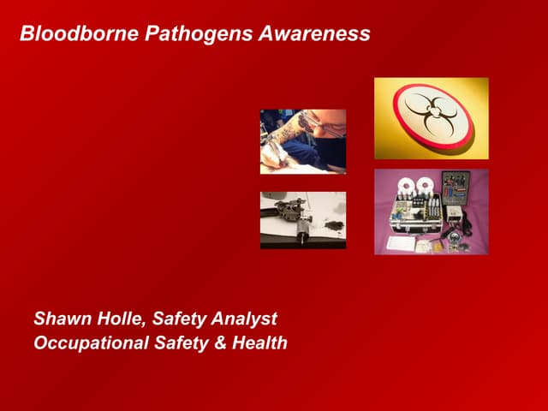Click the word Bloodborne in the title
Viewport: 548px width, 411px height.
tap(80, 33)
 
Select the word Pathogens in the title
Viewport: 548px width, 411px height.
tap(199, 34)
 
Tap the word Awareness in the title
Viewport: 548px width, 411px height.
tap(314, 33)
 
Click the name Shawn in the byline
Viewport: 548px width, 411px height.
tap(63, 319)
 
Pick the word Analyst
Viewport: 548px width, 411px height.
tap(244, 319)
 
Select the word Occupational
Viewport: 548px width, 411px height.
tap(92, 343)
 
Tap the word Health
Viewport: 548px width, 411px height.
tap(259, 342)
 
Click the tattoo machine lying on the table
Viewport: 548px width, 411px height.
tap(293, 217)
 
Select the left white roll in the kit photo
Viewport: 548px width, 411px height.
tap(406, 185)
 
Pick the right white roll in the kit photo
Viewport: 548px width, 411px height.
tap(424, 185)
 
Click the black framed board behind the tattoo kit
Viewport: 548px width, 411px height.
tap(456, 188)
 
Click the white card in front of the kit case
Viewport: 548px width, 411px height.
tap(401, 243)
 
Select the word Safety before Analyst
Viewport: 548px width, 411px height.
tap(179, 319)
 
